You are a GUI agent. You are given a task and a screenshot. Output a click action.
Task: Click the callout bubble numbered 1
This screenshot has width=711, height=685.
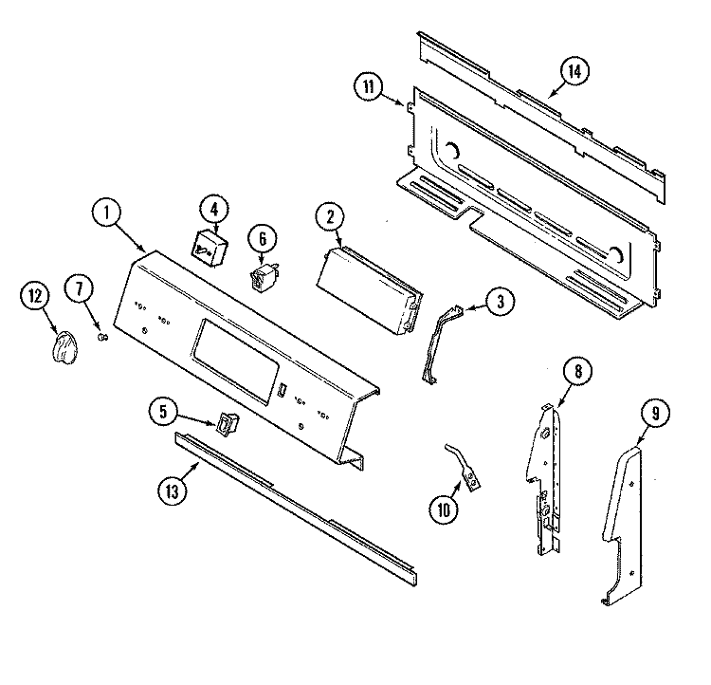point(106,213)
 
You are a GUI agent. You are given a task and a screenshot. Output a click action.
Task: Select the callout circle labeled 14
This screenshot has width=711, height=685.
point(574,71)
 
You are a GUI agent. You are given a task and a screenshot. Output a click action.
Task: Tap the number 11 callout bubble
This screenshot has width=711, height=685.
point(368,86)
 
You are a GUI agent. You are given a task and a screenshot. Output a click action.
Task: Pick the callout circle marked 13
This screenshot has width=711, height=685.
point(173,491)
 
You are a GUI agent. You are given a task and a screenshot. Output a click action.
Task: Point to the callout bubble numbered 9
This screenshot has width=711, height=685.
point(655,413)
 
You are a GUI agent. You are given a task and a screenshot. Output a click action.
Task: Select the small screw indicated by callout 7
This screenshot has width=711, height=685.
point(103,337)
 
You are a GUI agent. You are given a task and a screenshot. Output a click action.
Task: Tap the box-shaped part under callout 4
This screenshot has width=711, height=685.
point(209,248)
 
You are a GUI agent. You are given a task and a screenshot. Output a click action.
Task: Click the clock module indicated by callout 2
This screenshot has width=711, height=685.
point(370,290)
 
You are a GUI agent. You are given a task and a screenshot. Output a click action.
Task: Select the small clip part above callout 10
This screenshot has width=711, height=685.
point(463,468)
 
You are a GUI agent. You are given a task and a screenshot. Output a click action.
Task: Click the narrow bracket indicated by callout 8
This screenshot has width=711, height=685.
point(545,480)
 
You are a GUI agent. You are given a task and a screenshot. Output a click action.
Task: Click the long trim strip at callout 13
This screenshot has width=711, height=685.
point(295,509)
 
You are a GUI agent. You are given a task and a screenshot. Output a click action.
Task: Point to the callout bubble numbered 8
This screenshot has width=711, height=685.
point(577,372)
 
